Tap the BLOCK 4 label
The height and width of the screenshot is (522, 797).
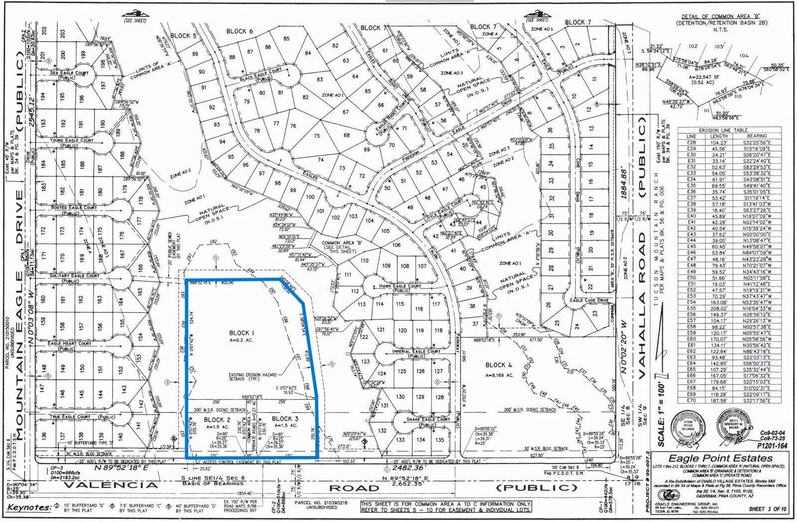pos(499,365)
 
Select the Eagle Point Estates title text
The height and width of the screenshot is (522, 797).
pos(720,458)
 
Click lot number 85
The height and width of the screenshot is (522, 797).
pos(286,38)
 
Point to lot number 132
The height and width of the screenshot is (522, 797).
pos(382,430)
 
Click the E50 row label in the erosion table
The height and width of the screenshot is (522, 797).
pos(691,277)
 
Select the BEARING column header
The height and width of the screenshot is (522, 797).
pos(757,136)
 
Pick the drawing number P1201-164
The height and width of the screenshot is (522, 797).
pos(772,446)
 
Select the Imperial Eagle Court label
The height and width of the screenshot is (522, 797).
pos(416,351)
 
